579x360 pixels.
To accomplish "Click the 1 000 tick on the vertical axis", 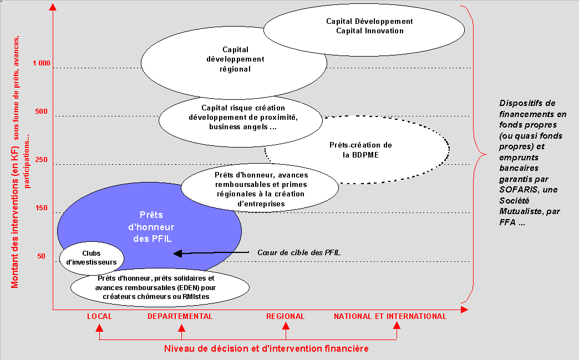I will (41, 63).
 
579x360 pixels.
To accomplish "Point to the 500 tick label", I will (41, 111).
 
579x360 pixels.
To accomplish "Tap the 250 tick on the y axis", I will (41, 160).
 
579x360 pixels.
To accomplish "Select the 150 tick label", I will (41, 209).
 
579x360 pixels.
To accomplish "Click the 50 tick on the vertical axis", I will (42, 256).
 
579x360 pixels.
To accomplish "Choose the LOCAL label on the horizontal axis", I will (99, 317).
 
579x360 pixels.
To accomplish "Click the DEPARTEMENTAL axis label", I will (180, 317).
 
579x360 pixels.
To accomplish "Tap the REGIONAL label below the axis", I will (285, 317).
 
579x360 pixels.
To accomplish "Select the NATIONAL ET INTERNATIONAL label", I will (390, 317).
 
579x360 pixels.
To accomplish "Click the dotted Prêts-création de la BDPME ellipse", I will (360, 150).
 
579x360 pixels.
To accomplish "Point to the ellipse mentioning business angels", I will (241, 118).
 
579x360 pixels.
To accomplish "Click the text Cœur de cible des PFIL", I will (298, 253).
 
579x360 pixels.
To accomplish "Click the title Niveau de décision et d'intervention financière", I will (266, 348).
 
